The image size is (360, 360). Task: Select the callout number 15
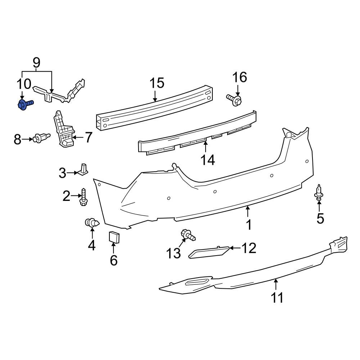pyautogui.click(x=157, y=83)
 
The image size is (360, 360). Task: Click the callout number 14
pyautogui.click(x=208, y=159)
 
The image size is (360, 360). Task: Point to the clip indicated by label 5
pyautogui.click(x=319, y=192)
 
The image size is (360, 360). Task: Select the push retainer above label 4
pyautogui.click(x=91, y=223)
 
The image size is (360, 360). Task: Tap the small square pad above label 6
pyautogui.click(x=114, y=238)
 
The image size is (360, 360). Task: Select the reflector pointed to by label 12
pyautogui.click(x=209, y=253)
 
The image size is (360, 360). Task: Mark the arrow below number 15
pyautogui.click(x=155, y=96)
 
